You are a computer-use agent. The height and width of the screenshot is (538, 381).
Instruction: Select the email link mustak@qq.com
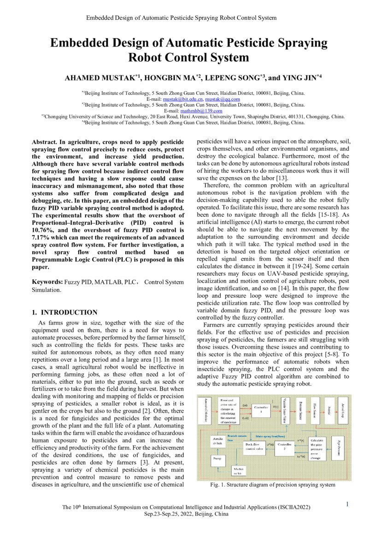click(223, 99)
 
